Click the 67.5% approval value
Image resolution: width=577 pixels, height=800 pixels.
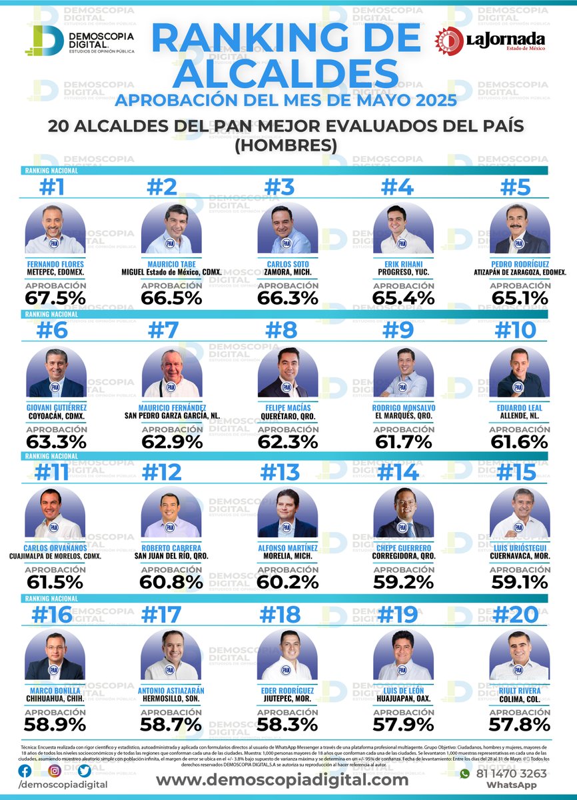(55, 298)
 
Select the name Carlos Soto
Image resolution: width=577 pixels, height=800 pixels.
(287, 263)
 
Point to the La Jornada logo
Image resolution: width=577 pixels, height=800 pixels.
(491, 41)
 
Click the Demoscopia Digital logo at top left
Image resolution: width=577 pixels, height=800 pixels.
(80, 41)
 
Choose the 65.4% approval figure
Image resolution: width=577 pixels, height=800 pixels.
(402, 298)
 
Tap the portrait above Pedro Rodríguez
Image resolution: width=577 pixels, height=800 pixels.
(519, 229)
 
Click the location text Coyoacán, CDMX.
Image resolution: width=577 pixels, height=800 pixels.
(55, 417)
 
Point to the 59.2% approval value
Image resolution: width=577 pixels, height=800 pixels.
(402, 582)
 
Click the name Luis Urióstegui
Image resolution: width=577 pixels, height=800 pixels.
(519, 548)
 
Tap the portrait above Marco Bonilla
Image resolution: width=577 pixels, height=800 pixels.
(55, 656)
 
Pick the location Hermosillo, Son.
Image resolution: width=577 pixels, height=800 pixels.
(171, 699)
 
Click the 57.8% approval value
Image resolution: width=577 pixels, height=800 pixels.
(519, 724)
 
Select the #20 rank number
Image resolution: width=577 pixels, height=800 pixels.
(519, 615)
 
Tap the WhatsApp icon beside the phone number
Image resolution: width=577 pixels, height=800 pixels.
(465, 774)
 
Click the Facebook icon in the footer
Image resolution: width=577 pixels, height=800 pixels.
(25, 771)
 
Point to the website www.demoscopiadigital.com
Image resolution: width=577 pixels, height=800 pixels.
(282, 780)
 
